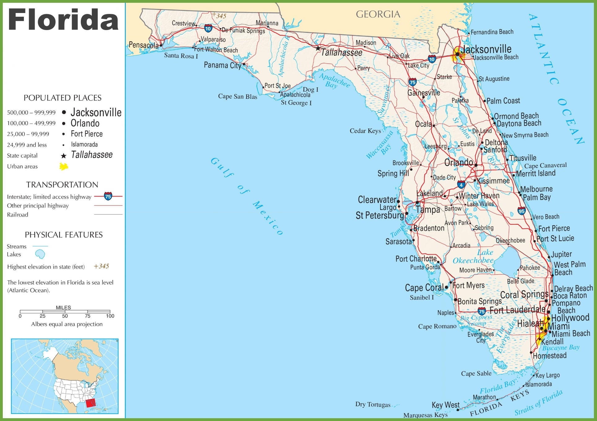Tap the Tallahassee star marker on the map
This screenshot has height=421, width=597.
tap(318, 48)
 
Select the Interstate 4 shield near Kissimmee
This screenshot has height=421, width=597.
tap(461, 185)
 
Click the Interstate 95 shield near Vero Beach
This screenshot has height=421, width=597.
tap(521, 211)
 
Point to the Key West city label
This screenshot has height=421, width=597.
tap(446, 405)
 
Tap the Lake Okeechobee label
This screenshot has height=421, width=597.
tap(473, 257)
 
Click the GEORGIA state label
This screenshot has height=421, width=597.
tap(378, 14)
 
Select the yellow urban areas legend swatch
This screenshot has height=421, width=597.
tap(64, 167)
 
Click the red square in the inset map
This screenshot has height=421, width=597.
tap(91, 403)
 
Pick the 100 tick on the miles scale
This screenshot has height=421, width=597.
tap(110, 316)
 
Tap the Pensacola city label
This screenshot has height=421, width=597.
tap(143, 45)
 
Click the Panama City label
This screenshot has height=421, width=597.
tap(222, 65)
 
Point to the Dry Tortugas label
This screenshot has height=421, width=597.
tap(373, 404)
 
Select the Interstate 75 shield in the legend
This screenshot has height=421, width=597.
tap(108, 196)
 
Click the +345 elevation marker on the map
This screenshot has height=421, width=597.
tap(220, 15)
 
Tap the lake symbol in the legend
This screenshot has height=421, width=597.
tap(40, 254)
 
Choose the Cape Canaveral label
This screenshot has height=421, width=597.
tap(545, 165)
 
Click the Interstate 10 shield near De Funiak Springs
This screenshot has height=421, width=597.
tap(208, 29)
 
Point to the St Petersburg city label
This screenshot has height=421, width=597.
tap(380, 215)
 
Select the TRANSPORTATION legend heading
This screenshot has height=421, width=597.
tap(62, 185)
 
